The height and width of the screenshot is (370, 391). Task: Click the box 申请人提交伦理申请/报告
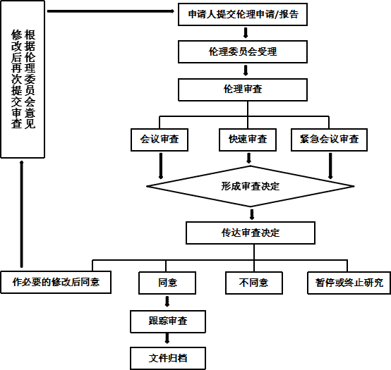pos(243,14)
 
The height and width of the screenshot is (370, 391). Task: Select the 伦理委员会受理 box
pos(243,51)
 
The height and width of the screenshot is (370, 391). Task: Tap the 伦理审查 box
pos(243,90)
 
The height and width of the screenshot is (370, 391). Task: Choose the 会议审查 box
pos(160,140)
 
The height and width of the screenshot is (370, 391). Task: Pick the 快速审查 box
pos(248,140)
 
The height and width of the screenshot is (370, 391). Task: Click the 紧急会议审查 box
pos(329,140)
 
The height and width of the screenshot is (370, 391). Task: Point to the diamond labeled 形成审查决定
pos(251,186)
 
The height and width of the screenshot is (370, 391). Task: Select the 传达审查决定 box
pos(251,233)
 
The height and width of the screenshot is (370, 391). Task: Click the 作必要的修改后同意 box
pos(56,283)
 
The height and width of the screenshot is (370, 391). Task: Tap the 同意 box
pos(167,283)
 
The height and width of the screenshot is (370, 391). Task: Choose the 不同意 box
pos(254,283)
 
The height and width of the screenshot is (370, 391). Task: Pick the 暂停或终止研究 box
pos(349,283)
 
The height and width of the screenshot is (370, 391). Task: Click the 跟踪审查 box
pos(168,321)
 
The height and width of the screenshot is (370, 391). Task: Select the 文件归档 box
pos(168,358)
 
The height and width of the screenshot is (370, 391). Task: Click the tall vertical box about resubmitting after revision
pos(23,79)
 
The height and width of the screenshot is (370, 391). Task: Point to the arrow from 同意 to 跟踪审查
pos(167,301)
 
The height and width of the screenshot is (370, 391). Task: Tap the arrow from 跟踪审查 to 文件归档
pos(167,339)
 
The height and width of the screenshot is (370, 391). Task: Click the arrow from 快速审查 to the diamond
pos(248,158)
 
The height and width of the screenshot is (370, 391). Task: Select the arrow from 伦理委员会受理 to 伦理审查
pos(246,70)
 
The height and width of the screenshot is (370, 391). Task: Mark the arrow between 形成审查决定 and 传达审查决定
pos(252,214)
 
